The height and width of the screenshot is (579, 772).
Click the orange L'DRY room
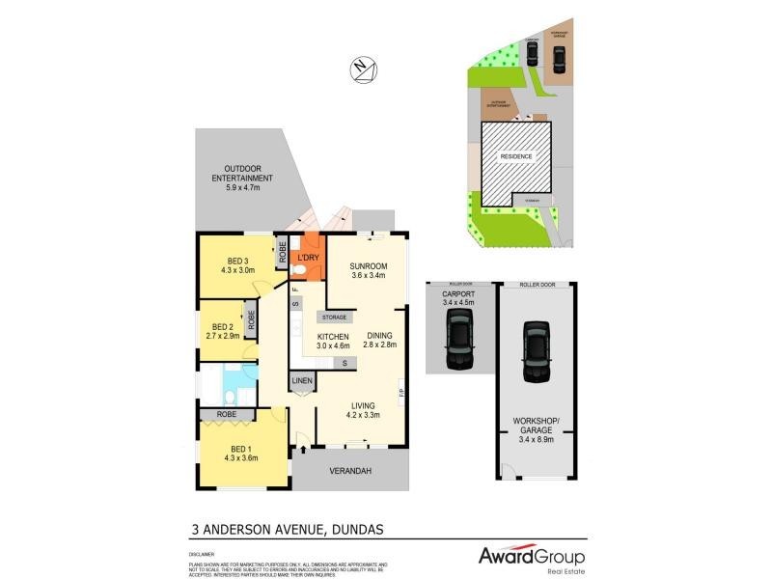pos(308,258)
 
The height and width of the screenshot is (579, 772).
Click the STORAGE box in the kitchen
pos(335,317)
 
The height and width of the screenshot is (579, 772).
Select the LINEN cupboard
pos(302,382)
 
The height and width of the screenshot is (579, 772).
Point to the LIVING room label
pos(364,410)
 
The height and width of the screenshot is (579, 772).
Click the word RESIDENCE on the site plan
pos(514,156)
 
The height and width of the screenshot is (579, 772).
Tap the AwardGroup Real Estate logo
pos(532,558)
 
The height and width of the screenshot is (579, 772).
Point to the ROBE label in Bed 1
pos(227,415)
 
